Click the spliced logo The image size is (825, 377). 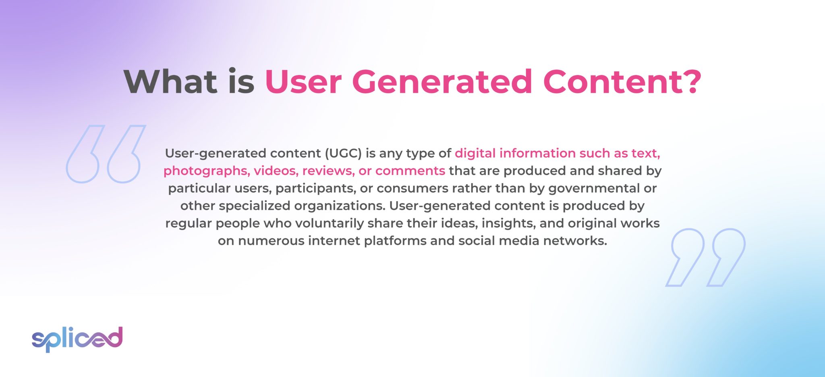click(x=77, y=339)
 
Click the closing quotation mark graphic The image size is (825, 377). click(x=705, y=257)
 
